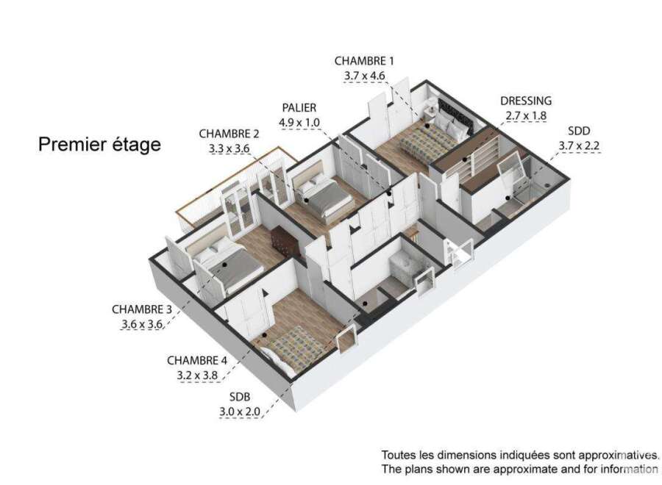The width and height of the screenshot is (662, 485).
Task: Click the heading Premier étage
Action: (x=99, y=145)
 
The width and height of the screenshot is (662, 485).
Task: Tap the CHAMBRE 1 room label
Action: (x=364, y=61)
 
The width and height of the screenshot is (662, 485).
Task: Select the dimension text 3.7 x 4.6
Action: (x=364, y=76)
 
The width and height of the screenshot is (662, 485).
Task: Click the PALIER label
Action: (x=299, y=108)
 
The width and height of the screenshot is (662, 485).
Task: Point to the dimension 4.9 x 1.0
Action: (x=299, y=123)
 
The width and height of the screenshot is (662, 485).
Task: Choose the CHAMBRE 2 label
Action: (x=229, y=134)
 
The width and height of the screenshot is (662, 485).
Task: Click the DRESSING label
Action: (x=526, y=101)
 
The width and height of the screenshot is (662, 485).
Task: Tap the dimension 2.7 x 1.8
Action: (x=526, y=115)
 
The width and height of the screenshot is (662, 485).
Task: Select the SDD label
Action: (x=579, y=131)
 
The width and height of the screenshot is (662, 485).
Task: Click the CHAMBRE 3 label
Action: (x=142, y=309)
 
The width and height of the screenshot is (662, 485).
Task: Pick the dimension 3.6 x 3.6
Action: (x=142, y=324)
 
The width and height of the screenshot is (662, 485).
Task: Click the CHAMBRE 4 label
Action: (x=197, y=361)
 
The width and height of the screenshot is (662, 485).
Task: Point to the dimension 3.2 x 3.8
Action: (x=197, y=376)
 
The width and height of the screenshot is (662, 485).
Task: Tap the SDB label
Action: (x=240, y=397)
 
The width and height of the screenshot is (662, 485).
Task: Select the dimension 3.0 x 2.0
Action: (x=239, y=412)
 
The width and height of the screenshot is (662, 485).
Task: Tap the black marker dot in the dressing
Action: (x=466, y=159)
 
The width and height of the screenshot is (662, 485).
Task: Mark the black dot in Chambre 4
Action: (x=264, y=335)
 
